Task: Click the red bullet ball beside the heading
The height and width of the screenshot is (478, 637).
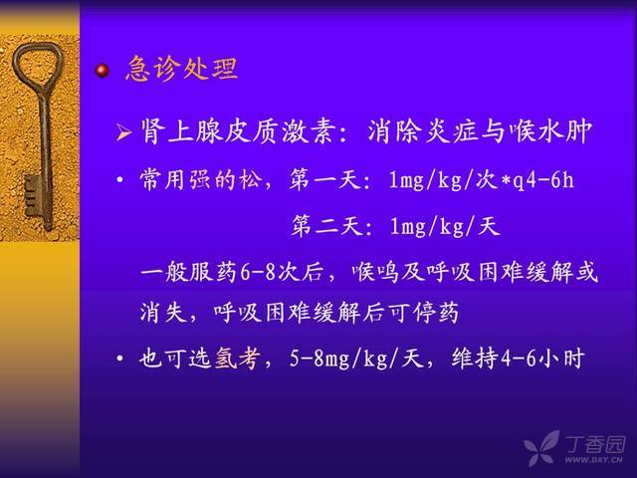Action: (x=103, y=71)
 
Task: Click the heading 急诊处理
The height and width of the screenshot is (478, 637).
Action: (x=181, y=69)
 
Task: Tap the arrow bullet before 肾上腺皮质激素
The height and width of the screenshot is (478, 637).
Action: (x=123, y=132)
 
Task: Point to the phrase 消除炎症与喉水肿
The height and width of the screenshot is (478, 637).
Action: (x=480, y=131)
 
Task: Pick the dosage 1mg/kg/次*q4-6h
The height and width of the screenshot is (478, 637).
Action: (x=482, y=179)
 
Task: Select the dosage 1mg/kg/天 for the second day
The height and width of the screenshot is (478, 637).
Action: (x=445, y=226)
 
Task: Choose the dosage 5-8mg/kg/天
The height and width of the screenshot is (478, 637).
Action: (x=356, y=358)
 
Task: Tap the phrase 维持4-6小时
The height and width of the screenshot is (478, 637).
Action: (x=518, y=358)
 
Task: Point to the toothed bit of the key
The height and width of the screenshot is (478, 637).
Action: (x=33, y=195)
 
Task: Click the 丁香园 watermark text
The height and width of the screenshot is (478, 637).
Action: (x=594, y=444)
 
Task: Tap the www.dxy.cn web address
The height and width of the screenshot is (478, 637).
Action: (x=593, y=460)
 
